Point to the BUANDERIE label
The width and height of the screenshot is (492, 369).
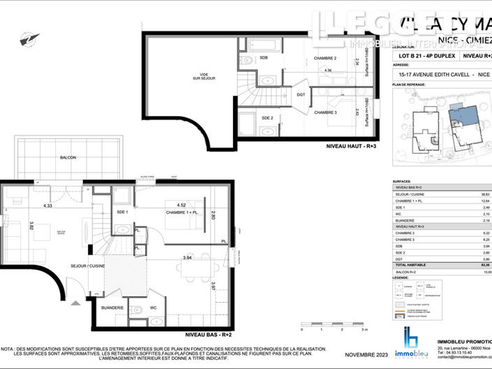pyautogui.click(x=112, y=307)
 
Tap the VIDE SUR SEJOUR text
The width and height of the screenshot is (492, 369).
pyautogui.click(x=203, y=77)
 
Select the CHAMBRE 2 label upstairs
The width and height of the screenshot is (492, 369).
pyautogui.click(x=325, y=58)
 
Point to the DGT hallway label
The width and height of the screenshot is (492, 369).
pyautogui.click(x=301, y=94)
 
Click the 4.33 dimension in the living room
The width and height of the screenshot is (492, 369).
pyautogui.click(x=47, y=206)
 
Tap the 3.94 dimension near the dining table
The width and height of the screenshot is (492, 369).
pyautogui.click(x=187, y=258)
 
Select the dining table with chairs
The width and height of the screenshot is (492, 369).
pyautogui.click(x=193, y=272)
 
